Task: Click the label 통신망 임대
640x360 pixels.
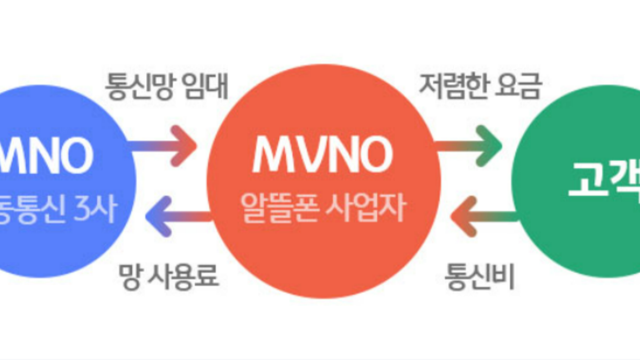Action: coord(167,86)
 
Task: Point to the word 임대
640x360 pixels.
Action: coord(209,86)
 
